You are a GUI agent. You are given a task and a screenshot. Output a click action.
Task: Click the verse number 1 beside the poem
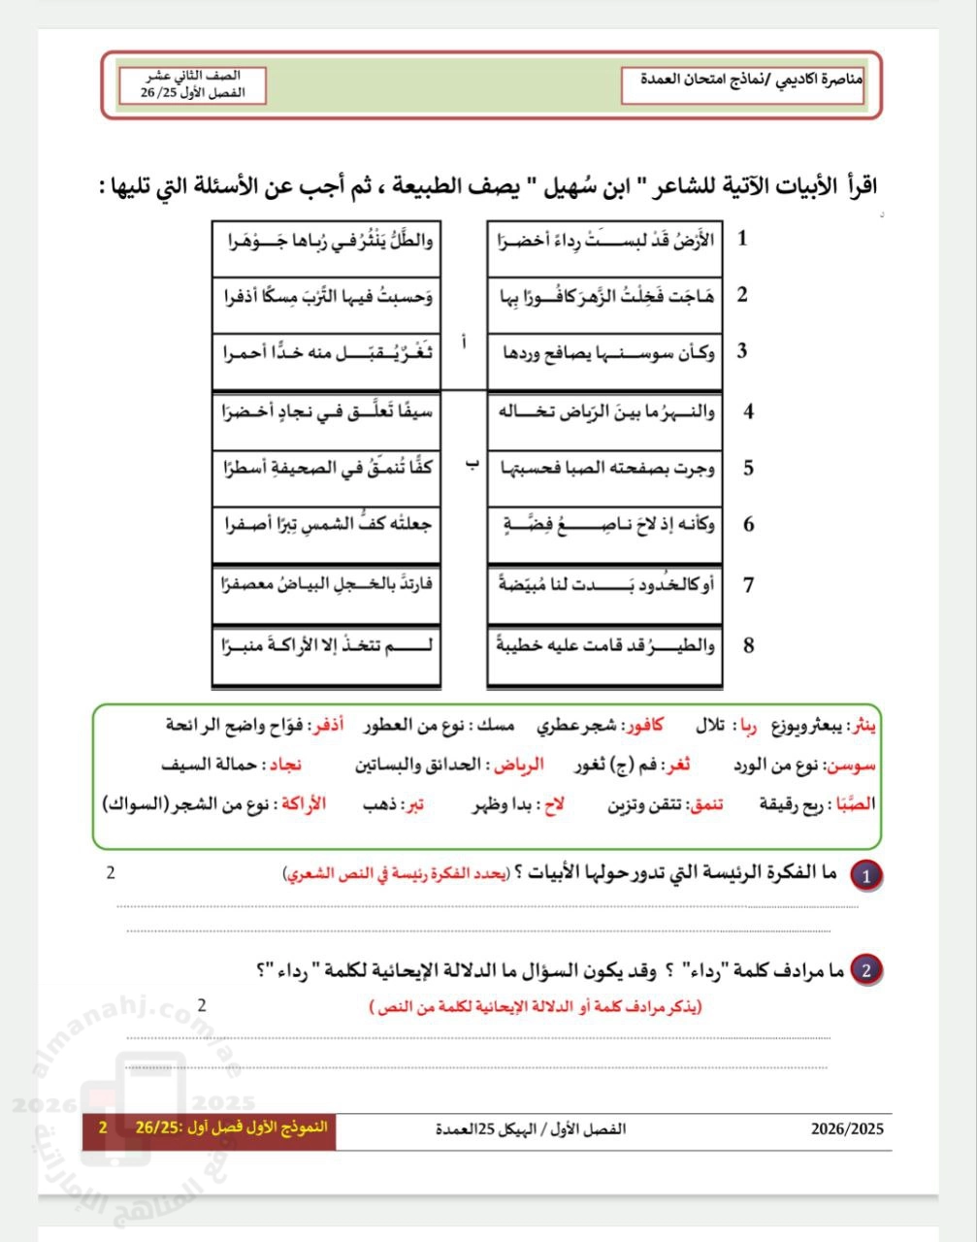coord(742,239)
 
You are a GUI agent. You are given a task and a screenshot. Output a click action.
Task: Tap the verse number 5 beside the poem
coord(748,468)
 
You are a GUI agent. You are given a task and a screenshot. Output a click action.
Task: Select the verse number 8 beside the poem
coord(748,645)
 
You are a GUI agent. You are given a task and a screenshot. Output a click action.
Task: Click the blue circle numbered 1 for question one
coord(866,876)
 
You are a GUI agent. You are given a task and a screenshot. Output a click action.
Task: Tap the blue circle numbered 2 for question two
coord(866,969)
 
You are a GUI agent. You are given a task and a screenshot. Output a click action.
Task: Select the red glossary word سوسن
coord(853,765)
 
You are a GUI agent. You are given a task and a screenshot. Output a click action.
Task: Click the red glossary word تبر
coord(414,804)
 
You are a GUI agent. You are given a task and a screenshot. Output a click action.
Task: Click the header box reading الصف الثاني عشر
coord(192,84)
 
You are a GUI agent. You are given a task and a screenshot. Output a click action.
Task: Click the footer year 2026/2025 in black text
coord(847,1129)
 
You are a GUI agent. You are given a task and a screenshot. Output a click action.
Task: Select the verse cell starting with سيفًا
coord(325,411)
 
